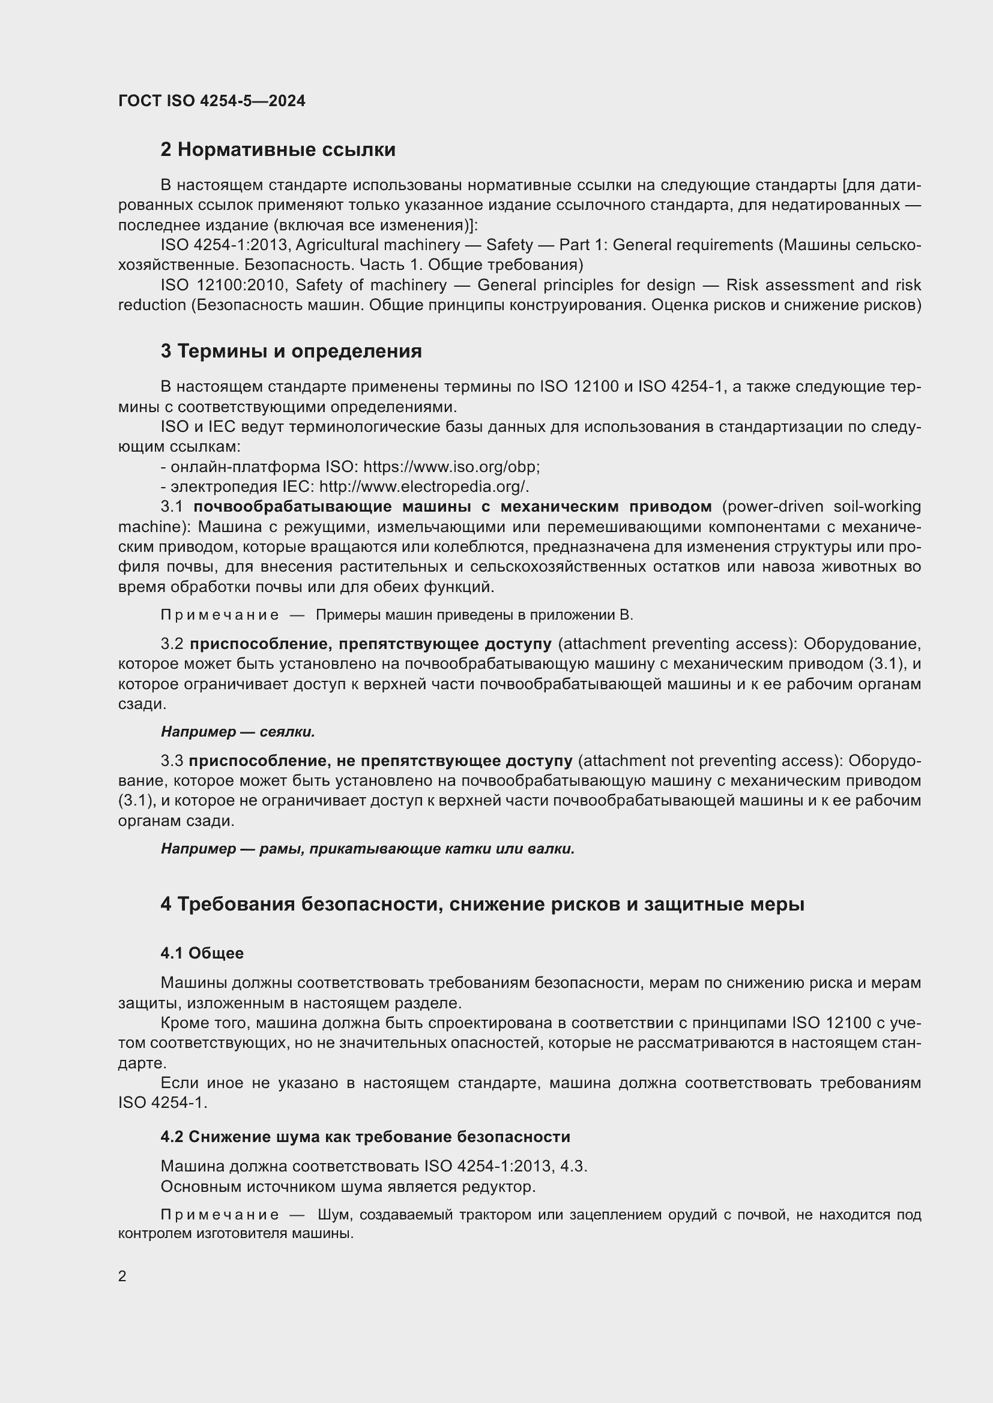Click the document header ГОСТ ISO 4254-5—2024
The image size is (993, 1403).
(211, 101)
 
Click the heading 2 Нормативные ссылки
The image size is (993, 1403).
(277, 150)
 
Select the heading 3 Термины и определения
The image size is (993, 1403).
(291, 351)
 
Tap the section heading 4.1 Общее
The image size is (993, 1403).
(202, 953)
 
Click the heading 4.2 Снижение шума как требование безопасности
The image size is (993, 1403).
(365, 1137)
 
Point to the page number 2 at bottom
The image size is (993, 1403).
(122, 1276)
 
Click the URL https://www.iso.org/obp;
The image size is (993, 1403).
(451, 467)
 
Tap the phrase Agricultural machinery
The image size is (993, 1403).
(377, 245)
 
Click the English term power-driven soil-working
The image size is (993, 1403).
(821, 507)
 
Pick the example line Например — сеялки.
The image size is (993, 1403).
(237, 732)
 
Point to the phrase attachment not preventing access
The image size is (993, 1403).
(708, 761)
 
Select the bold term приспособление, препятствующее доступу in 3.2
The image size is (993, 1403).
(370, 644)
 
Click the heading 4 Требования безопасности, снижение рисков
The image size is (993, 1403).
(482, 905)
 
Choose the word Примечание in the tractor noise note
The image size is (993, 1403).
(220, 1215)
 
